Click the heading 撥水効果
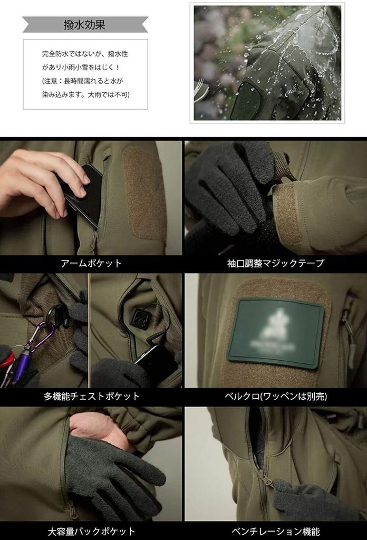pyautogui.click(x=84, y=24)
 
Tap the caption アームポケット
pyautogui.click(x=91, y=263)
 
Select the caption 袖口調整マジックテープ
pyautogui.click(x=275, y=263)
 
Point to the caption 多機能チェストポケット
pyautogui.click(x=91, y=396)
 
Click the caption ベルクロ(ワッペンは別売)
pyautogui.click(x=275, y=396)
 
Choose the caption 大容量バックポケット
pyautogui.click(x=91, y=531)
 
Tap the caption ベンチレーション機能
pyautogui.click(x=275, y=531)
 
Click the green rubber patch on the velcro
pyautogui.click(x=275, y=332)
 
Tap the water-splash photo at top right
pyautogui.click(x=267, y=63)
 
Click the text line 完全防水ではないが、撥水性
pyautogui.click(x=85, y=54)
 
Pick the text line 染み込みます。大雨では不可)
pyautogui.click(x=85, y=94)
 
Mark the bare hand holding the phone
pyautogui.click(x=37, y=179)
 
